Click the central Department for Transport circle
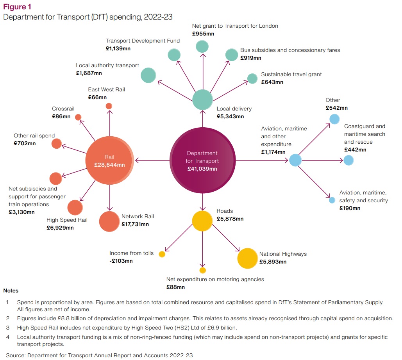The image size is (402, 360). (203, 160)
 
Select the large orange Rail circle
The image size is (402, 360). (110, 160)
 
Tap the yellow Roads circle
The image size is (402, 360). (202, 221)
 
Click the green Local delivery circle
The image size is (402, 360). (202, 100)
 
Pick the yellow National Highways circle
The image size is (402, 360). (248, 258)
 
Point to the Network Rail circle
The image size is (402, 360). (109, 222)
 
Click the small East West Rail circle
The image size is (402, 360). (109, 106)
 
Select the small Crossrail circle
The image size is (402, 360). (78, 117)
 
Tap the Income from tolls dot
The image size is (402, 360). (162, 254)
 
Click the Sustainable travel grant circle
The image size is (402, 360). (253, 78)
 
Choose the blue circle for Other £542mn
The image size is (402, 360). (334, 119)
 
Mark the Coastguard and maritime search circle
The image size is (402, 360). (348, 160)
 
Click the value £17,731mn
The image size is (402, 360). (135, 225)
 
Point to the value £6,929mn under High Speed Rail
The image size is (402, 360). (60, 228)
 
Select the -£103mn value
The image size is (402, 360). (121, 261)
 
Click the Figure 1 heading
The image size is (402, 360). (17, 7)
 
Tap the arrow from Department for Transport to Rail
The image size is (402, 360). (152, 160)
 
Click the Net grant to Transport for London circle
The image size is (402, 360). (202, 46)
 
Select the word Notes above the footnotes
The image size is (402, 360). (11, 290)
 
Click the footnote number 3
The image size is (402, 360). (8, 327)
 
